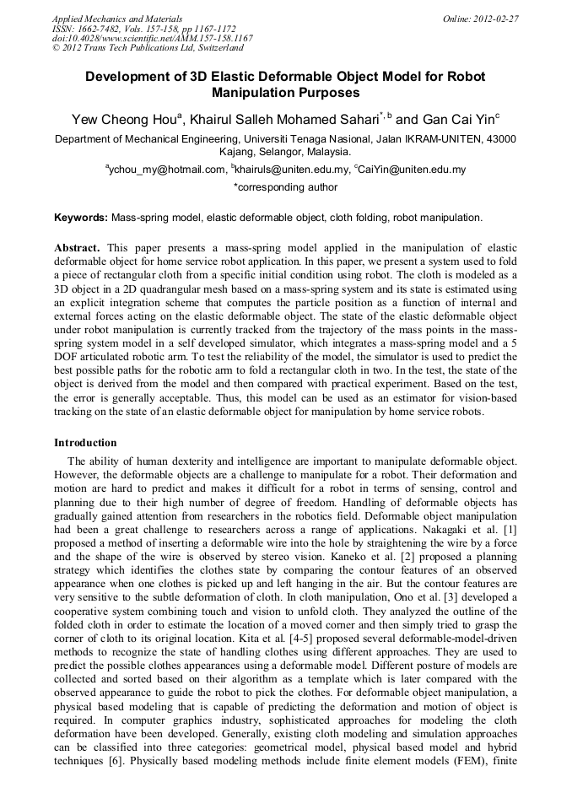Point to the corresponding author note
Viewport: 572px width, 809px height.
[285, 187]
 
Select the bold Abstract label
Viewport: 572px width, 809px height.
[77, 248]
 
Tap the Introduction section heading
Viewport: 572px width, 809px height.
[85, 442]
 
